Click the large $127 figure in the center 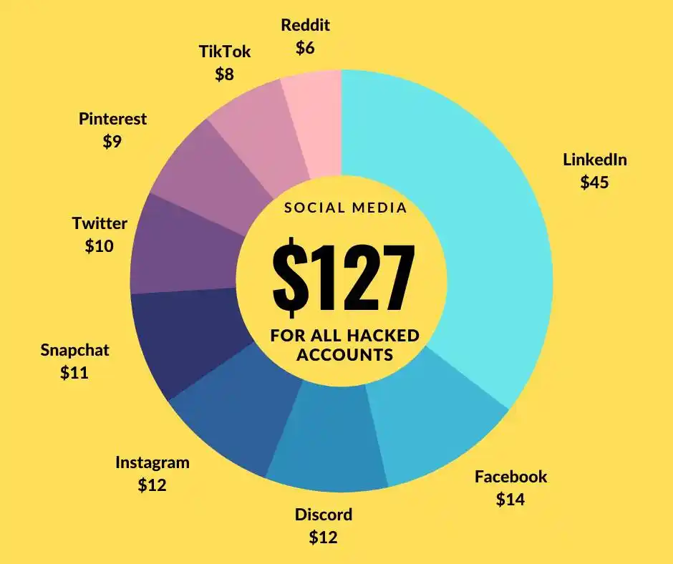[x=342, y=276]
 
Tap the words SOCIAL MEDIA [x=346, y=208]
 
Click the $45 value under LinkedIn [x=594, y=183]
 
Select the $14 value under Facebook [x=510, y=499]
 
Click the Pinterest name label [x=112, y=118]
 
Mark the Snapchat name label [x=74, y=350]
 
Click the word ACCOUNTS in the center [x=344, y=354]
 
